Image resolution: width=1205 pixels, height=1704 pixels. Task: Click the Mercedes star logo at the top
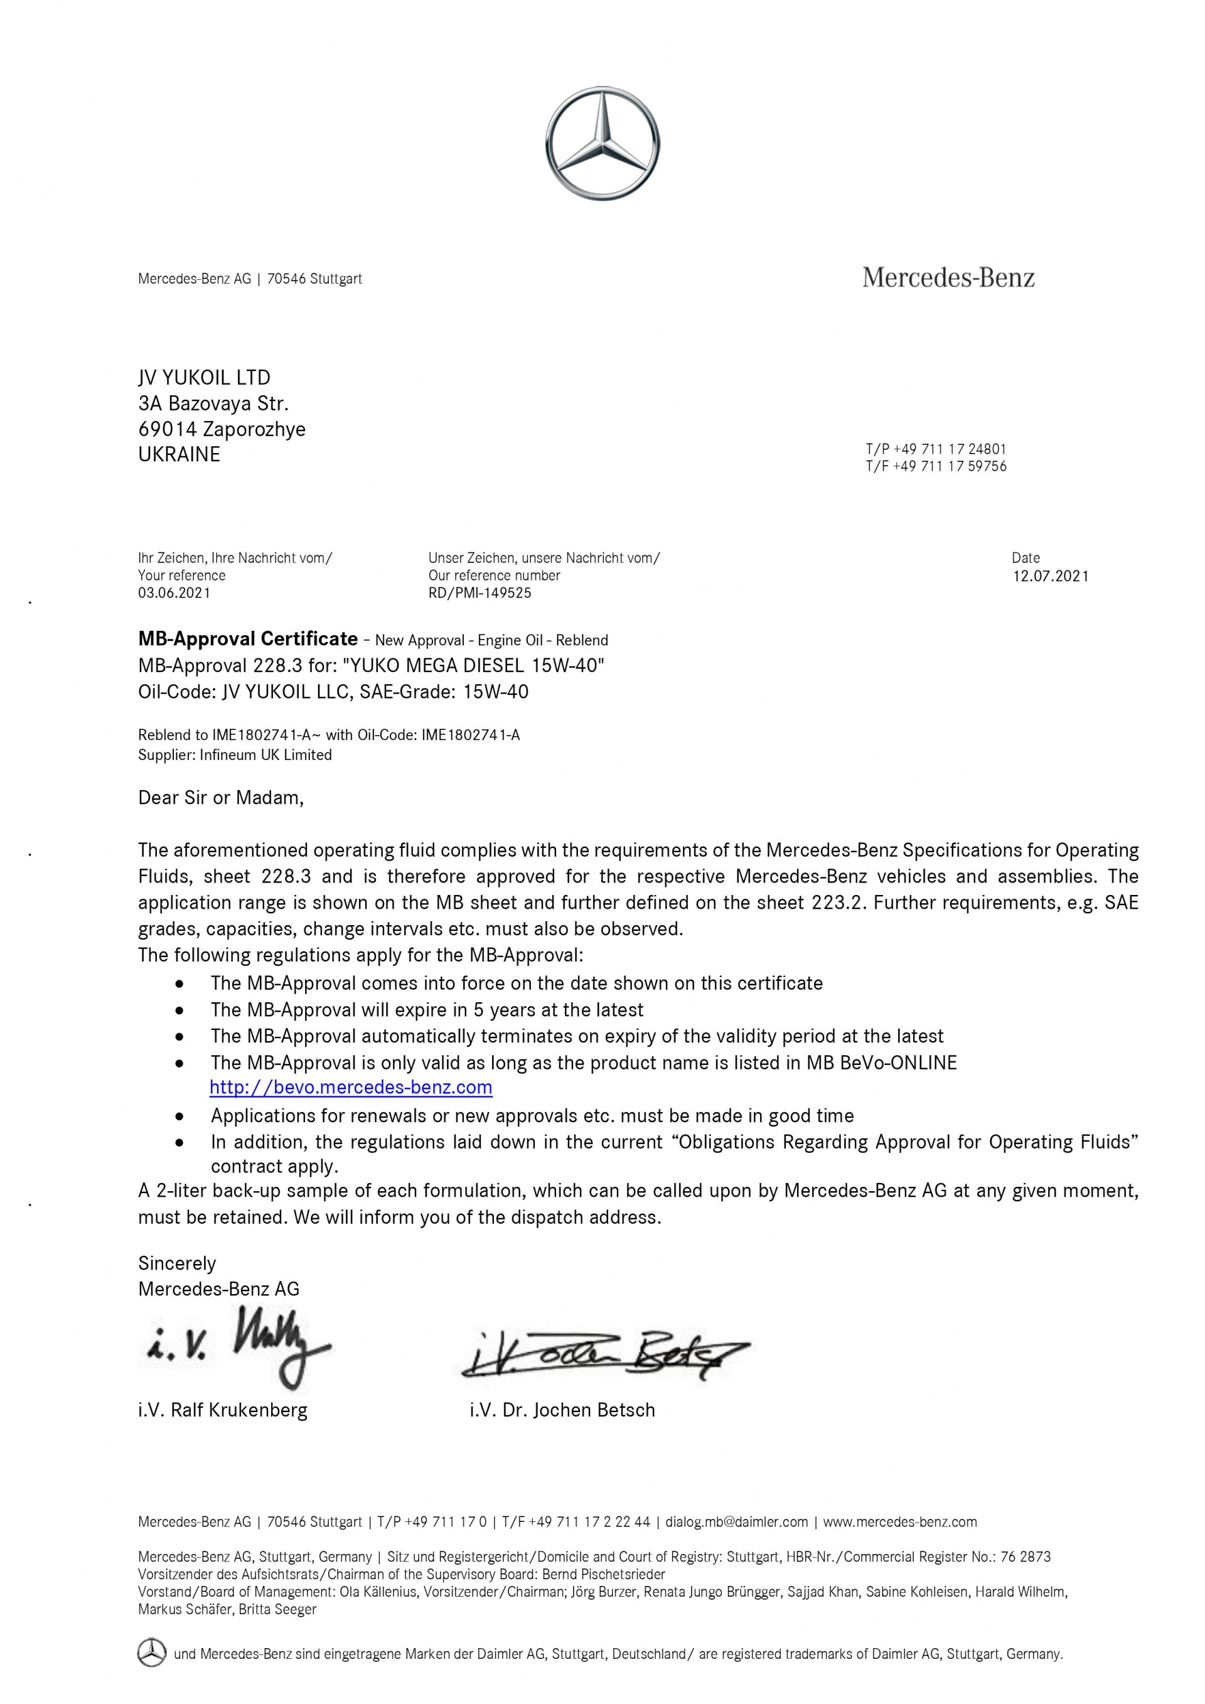pyautogui.click(x=602, y=143)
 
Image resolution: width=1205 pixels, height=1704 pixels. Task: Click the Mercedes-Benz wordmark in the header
pyautogui.click(x=948, y=278)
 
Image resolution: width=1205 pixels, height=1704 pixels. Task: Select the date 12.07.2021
pyautogui.click(x=1051, y=576)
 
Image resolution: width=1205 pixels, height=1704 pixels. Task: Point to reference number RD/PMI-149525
pyautogui.click(x=479, y=593)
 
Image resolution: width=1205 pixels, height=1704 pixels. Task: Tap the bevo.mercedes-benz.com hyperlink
pyautogui.click(x=351, y=1087)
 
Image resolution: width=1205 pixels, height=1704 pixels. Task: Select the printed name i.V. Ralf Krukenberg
pyautogui.click(x=223, y=1410)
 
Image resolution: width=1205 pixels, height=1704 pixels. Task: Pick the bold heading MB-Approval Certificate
pyautogui.click(x=248, y=639)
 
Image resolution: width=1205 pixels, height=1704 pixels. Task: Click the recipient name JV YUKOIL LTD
pyautogui.click(x=204, y=378)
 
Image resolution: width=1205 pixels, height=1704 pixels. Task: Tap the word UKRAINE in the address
pyautogui.click(x=179, y=454)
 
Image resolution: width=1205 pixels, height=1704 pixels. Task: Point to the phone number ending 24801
pyautogui.click(x=936, y=449)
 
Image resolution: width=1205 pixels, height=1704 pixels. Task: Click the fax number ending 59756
pyautogui.click(x=936, y=466)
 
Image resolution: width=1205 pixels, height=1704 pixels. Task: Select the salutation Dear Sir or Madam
pyautogui.click(x=221, y=798)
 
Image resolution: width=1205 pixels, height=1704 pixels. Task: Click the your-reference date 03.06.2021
pyautogui.click(x=174, y=593)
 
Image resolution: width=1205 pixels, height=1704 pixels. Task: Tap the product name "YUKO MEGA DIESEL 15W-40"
pyautogui.click(x=473, y=665)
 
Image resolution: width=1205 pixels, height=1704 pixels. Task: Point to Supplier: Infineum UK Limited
pyautogui.click(x=235, y=755)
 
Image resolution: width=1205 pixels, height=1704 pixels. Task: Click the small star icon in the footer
pyautogui.click(x=151, y=1652)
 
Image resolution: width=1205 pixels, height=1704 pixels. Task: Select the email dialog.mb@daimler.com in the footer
pyautogui.click(x=736, y=1522)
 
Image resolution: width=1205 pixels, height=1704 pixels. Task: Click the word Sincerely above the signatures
pyautogui.click(x=176, y=1263)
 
